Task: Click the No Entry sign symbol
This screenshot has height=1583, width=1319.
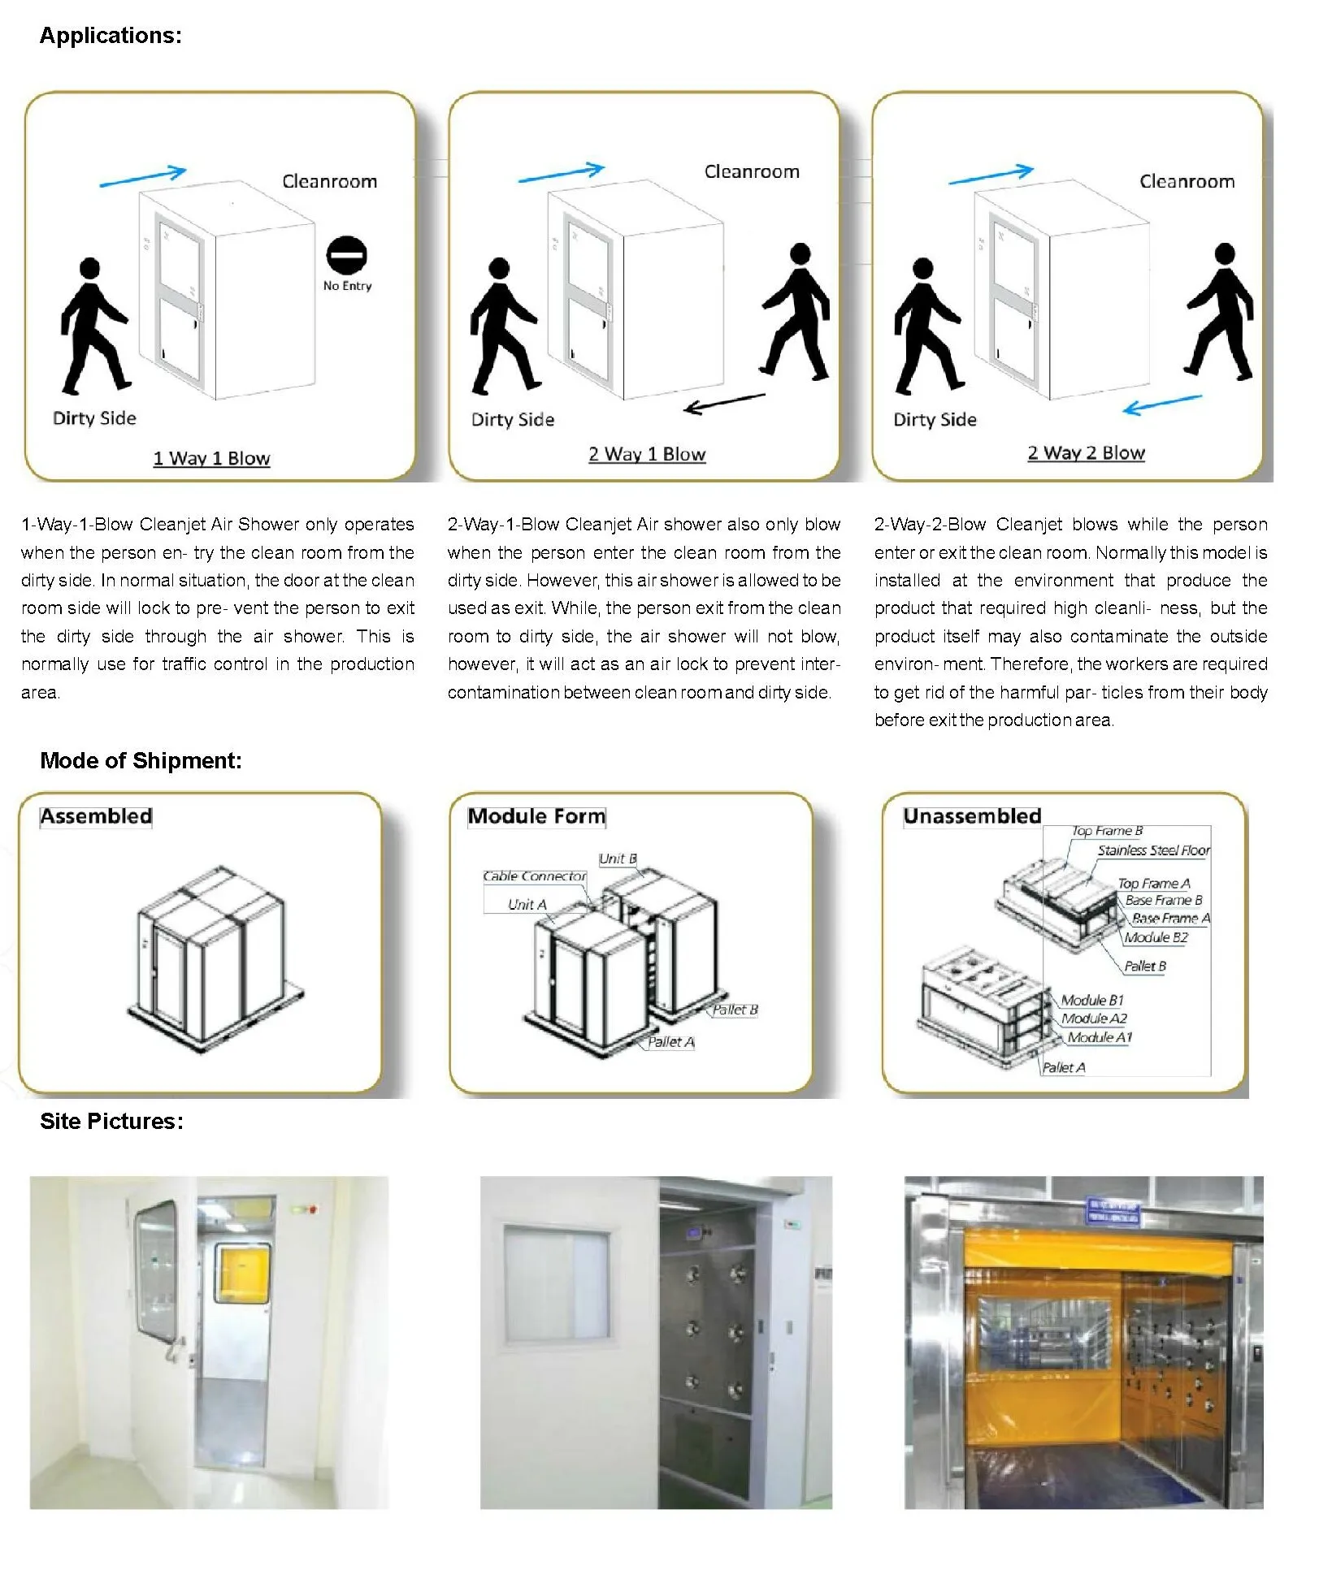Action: pyautogui.click(x=346, y=256)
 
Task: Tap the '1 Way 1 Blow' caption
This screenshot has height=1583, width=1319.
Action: pyautogui.click(x=211, y=458)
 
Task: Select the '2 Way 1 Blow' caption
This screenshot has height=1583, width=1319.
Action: pyautogui.click(x=647, y=454)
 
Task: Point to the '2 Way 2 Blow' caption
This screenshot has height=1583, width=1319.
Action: pyautogui.click(x=1086, y=452)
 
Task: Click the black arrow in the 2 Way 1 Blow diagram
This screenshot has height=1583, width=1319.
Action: pyautogui.click(x=724, y=403)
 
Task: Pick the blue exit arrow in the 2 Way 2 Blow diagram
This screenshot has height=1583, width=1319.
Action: pyautogui.click(x=1162, y=404)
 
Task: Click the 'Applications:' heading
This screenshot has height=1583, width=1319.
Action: pyautogui.click(x=111, y=36)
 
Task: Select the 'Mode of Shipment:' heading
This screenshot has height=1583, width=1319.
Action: pyautogui.click(x=141, y=760)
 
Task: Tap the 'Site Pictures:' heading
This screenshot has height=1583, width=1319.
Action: pyautogui.click(x=111, y=1121)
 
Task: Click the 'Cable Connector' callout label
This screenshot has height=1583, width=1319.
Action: pyautogui.click(x=534, y=876)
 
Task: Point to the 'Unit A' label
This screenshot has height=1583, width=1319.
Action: pyautogui.click(x=527, y=904)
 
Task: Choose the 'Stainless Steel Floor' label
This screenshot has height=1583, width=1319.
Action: pyautogui.click(x=1153, y=850)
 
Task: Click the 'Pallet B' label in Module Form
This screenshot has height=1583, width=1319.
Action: pyautogui.click(x=735, y=1010)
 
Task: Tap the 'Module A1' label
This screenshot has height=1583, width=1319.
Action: pyautogui.click(x=1099, y=1037)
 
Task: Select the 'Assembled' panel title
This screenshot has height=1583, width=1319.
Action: pyautogui.click(x=96, y=815)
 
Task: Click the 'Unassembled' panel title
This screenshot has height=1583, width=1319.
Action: pyautogui.click(x=972, y=815)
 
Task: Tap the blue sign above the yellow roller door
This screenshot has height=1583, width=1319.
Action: pyautogui.click(x=1113, y=1213)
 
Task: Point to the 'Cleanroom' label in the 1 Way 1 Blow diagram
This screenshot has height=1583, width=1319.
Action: pyautogui.click(x=329, y=181)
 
